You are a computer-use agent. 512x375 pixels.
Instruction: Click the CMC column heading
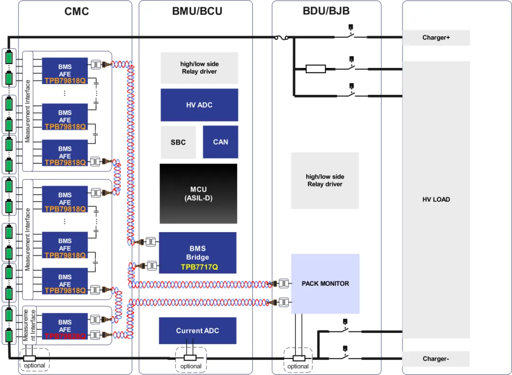point(76,11)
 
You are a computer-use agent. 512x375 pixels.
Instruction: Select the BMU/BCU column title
point(197,11)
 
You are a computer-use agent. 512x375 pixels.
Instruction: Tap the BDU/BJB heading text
point(326,11)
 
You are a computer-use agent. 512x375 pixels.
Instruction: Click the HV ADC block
point(199,105)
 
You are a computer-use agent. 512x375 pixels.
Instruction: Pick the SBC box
point(178,142)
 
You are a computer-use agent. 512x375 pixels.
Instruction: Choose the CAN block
point(220,142)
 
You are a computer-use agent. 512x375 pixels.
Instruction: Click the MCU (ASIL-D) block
point(198,194)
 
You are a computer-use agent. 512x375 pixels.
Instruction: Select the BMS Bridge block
point(198,252)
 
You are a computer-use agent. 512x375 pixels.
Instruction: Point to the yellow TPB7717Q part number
point(199,267)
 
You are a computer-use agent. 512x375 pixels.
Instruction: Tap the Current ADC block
point(198,331)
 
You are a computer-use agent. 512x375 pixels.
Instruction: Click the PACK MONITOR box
point(325,284)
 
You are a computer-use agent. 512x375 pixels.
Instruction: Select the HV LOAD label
point(436,200)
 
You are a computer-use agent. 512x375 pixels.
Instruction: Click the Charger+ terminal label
point(436,37)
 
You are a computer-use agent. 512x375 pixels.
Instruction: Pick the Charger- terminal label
point(436,359)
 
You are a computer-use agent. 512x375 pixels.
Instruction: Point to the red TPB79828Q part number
point(65,336)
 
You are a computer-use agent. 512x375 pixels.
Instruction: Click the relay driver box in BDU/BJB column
point(325,180)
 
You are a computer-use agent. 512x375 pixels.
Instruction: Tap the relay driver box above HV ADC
point(199,68)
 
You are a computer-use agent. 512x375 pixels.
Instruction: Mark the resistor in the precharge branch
point(316,69)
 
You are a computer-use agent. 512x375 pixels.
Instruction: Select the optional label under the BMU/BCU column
point(191,366)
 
